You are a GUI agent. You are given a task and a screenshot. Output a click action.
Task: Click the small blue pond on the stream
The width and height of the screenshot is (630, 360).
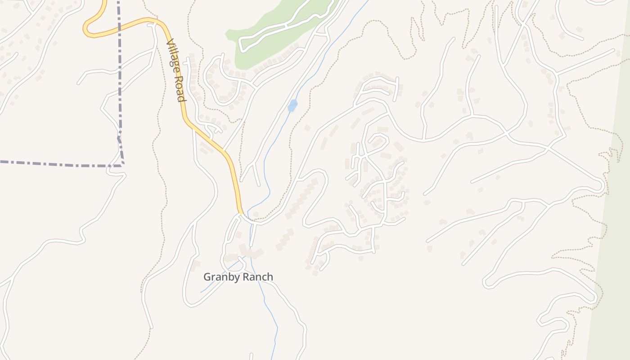[292, 106]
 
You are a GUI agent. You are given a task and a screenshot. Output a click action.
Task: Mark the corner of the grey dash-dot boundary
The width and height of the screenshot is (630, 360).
[122, 165]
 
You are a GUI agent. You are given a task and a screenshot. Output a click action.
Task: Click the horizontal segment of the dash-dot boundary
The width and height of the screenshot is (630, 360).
[58, 164]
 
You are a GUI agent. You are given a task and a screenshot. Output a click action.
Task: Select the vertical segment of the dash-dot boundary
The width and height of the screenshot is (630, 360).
[119, 81]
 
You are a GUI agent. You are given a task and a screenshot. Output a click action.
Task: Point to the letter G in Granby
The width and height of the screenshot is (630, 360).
[207, 277]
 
